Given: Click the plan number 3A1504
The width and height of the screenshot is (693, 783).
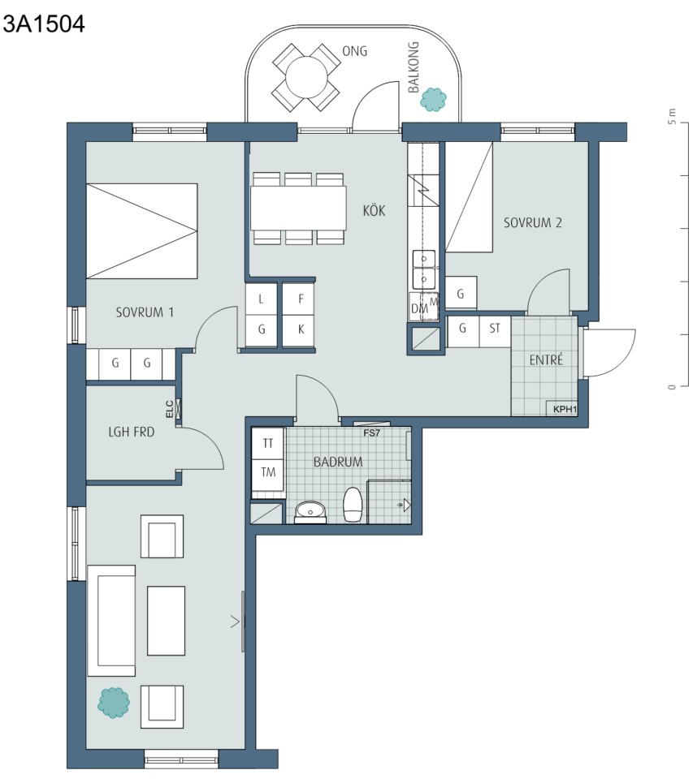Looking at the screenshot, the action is (x=44, y=24).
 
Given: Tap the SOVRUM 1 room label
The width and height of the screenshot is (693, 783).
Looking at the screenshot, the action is (x=145, y=312).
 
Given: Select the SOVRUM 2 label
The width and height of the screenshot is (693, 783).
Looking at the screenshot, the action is (x=532, y=222).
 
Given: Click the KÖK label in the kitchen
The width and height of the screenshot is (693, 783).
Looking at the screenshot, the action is (x=374, y=210).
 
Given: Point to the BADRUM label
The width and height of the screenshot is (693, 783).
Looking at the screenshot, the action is (x=338, y=462).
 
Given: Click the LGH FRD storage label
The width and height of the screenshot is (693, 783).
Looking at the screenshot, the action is (x=132, y=432).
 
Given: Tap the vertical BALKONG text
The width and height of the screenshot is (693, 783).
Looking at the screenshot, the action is (x=414, y=67).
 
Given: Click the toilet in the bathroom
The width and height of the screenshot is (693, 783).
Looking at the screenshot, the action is (x=353, y=505).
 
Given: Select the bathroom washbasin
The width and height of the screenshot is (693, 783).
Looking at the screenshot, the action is (x=310, y=512).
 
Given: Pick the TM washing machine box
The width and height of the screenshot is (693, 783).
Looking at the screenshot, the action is (x=268, y=472).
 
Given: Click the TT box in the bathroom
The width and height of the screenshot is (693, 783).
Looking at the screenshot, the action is (x=268, y=444).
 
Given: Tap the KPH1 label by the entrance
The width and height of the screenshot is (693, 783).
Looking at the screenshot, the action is (x=565, y=410).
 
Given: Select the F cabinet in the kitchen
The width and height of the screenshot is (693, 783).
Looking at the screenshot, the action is (x=301, y=299).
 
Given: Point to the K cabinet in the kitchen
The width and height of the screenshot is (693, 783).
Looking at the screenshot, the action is (x=301, y=329).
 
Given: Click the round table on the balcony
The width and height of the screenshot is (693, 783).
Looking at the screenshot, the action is (x=306, y=77).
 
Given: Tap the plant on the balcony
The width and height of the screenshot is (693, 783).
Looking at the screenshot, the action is (x=433, y=99).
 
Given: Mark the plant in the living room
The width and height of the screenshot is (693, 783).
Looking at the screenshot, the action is (x=114, y=703).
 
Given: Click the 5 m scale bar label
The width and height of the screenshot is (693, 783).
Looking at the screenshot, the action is (x=672, y=116).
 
